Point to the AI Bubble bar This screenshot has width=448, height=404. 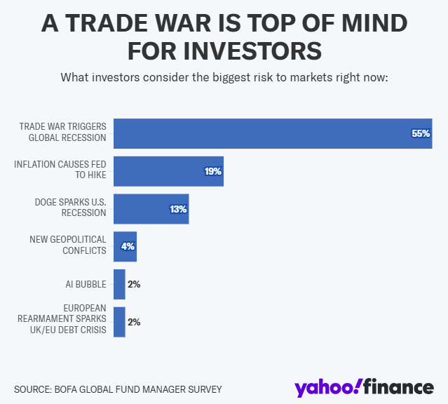119,284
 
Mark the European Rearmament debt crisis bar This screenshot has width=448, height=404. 119,322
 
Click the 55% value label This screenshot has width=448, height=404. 421,133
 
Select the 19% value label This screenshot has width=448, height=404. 213,171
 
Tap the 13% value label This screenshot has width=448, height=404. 178,209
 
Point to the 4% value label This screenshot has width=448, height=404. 128,247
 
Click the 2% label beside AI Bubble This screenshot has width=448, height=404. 135,284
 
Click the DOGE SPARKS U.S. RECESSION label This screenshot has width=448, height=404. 70,208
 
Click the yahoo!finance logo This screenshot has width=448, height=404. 364,386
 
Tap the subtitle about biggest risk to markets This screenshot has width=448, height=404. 224,76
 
